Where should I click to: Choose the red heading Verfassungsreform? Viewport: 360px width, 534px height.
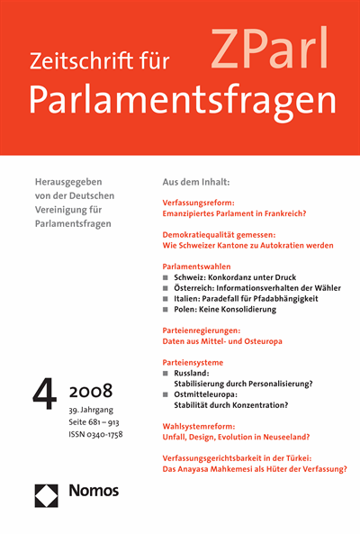click(203, 204)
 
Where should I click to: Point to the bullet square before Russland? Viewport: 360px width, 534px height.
click(166, 372)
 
